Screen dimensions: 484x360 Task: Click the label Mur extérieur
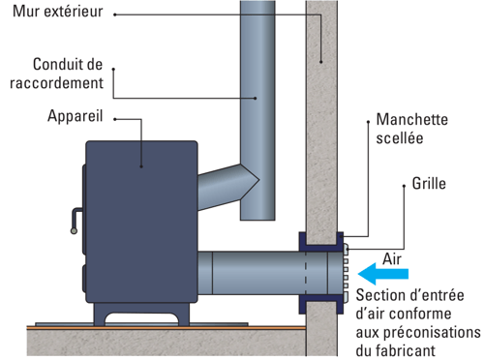(x=58, y=12)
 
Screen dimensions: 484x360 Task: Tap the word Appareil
(x=76, y=116)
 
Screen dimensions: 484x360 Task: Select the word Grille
(x=429, y=184)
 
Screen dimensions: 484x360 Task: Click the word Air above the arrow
(x=392, y=259)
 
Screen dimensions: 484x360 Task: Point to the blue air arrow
(x=383, y=274)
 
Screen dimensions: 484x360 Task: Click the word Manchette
(x=412, y=120)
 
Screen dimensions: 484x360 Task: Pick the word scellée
(x=400, y=138)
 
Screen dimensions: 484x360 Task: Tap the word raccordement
(x=56, y=83)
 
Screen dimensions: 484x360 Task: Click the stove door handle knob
(x=74, y=231)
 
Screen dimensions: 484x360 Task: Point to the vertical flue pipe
(x=257, y=109)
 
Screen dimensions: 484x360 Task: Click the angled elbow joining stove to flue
(x=226, y=187)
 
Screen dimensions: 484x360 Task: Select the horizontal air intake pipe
(x=269, y=273)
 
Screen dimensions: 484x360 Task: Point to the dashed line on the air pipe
(x=306, y=273)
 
